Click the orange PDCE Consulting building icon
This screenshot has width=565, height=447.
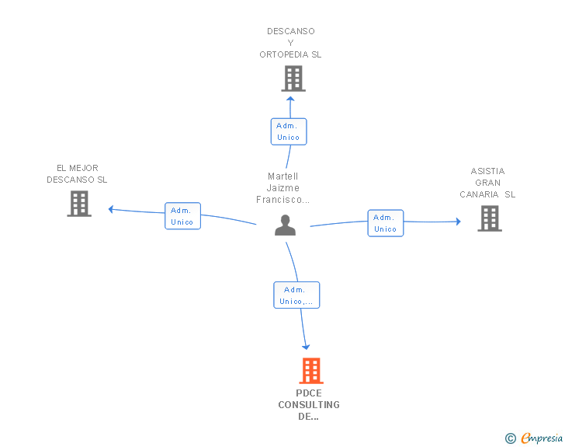[x=311, y=371]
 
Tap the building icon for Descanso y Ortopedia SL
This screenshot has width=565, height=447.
[x=293, y=79]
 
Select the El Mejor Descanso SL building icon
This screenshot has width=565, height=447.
[x=79, y=203]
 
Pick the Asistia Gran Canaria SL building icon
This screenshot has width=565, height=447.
[x=489, y=218]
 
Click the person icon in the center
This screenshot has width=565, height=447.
[x=286, y=225]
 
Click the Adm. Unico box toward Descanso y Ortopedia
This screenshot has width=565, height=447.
[x=288, y=131]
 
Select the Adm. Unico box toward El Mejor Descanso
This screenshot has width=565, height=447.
[x=182, y=216]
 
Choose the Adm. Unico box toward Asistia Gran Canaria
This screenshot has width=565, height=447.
[x=385, y=223]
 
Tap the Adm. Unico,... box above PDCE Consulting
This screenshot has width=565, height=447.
[x=296, y=295]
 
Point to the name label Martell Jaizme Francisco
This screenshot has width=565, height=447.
[x=283, y=188]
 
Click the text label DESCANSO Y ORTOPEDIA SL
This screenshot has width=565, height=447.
[x=290, y=43]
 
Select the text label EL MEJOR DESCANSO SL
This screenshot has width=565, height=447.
[x=77, y=173]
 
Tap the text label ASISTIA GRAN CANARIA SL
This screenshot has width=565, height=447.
[x=487, y=183]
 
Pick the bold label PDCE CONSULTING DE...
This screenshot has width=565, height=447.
[x=309, y=404]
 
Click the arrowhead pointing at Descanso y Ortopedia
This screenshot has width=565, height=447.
[x=290, y=100]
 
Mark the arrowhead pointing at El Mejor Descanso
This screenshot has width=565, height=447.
[x=112, y=208]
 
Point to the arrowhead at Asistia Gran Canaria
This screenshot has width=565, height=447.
[x=458, y=222]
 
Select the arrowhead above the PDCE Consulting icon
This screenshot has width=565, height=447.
[x=306, y=346]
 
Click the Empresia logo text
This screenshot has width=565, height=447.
[x=541, y=438]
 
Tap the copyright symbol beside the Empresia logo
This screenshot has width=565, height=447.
[x=510, y=438]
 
